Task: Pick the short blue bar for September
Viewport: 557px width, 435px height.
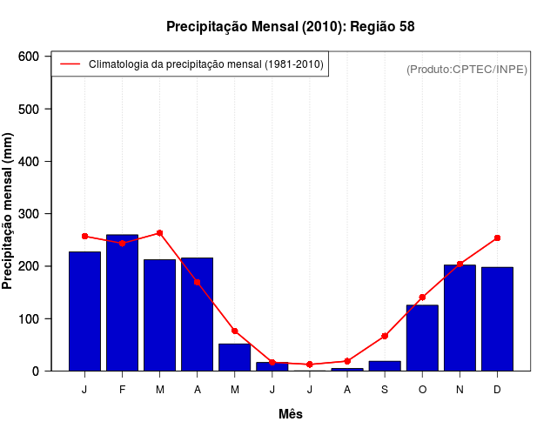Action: [385, 365]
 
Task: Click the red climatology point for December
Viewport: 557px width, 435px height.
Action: [497, 238]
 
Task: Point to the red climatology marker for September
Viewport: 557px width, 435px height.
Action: [385, 336]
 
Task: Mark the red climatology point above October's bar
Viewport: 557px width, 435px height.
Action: [422, 298]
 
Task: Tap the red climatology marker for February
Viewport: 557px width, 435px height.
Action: [122, 244]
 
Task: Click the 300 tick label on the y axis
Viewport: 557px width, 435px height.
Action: [30, 214]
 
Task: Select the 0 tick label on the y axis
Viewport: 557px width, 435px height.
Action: [36, 371]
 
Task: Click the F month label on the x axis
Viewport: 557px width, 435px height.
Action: [122, 390]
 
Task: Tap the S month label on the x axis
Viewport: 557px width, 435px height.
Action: [385, 390]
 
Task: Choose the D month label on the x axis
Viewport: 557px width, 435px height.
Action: [497, 390]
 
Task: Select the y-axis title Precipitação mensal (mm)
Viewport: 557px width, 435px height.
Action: [9, 211]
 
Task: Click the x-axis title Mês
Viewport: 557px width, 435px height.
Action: [291, 414]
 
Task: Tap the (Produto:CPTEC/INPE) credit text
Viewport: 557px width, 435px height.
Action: [466, 69]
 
